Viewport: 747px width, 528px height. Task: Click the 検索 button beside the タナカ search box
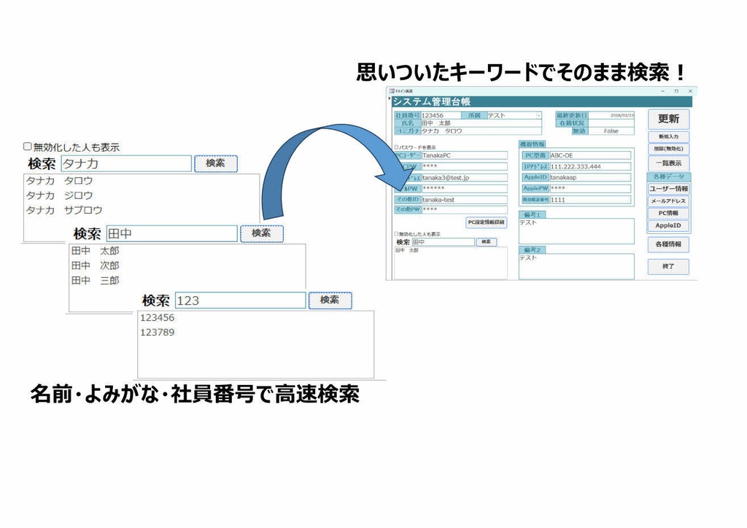tap(215, 163)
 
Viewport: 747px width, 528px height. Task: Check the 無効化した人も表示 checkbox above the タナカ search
tap(28, 147)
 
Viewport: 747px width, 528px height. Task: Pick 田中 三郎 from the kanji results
tap(95, 280)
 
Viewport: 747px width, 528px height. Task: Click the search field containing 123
tap(240, 300)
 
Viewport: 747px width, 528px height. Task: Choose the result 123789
tap(158, 333)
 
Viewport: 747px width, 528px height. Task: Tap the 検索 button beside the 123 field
tap(330, 300)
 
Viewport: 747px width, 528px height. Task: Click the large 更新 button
tap(668, 119)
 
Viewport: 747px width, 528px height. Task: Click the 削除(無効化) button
tap(668, 149)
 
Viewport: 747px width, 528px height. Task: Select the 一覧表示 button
tap(668, 163)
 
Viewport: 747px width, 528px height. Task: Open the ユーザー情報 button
tap(668, 189)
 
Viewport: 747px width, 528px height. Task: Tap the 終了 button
tap(668, 267)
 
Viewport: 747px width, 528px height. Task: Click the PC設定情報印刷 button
tap(487, 222)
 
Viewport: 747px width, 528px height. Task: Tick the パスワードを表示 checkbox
tap(396, 147)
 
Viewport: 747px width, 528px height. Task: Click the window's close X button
tap(690, 91)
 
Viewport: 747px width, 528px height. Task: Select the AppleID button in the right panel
tap(668, 226)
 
